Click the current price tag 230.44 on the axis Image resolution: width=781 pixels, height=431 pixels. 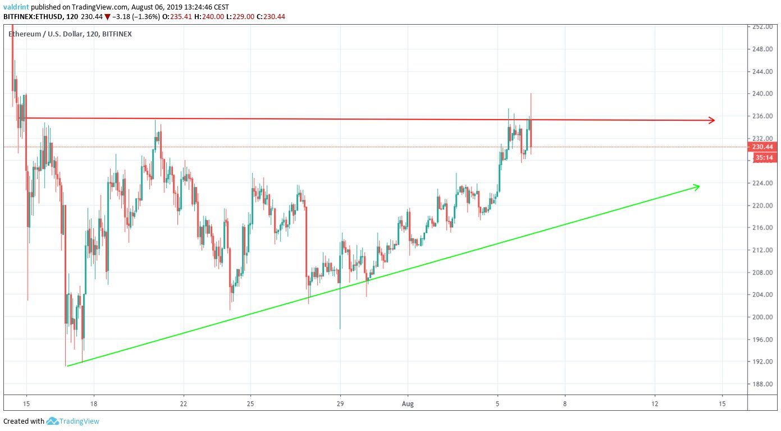(762, 147)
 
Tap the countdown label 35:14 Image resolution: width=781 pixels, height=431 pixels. (762, 158)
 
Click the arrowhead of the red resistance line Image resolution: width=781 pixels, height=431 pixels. (712, 120)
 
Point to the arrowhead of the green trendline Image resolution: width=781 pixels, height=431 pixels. (697, 186)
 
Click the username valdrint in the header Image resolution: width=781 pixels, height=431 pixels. (17, 7)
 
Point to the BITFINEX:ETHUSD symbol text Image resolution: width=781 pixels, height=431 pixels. (33, 17)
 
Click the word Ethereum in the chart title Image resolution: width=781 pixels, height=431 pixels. (25, 34)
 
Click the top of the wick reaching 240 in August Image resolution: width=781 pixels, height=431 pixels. (531, 94)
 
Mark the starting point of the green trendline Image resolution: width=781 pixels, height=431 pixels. (67, 366)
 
